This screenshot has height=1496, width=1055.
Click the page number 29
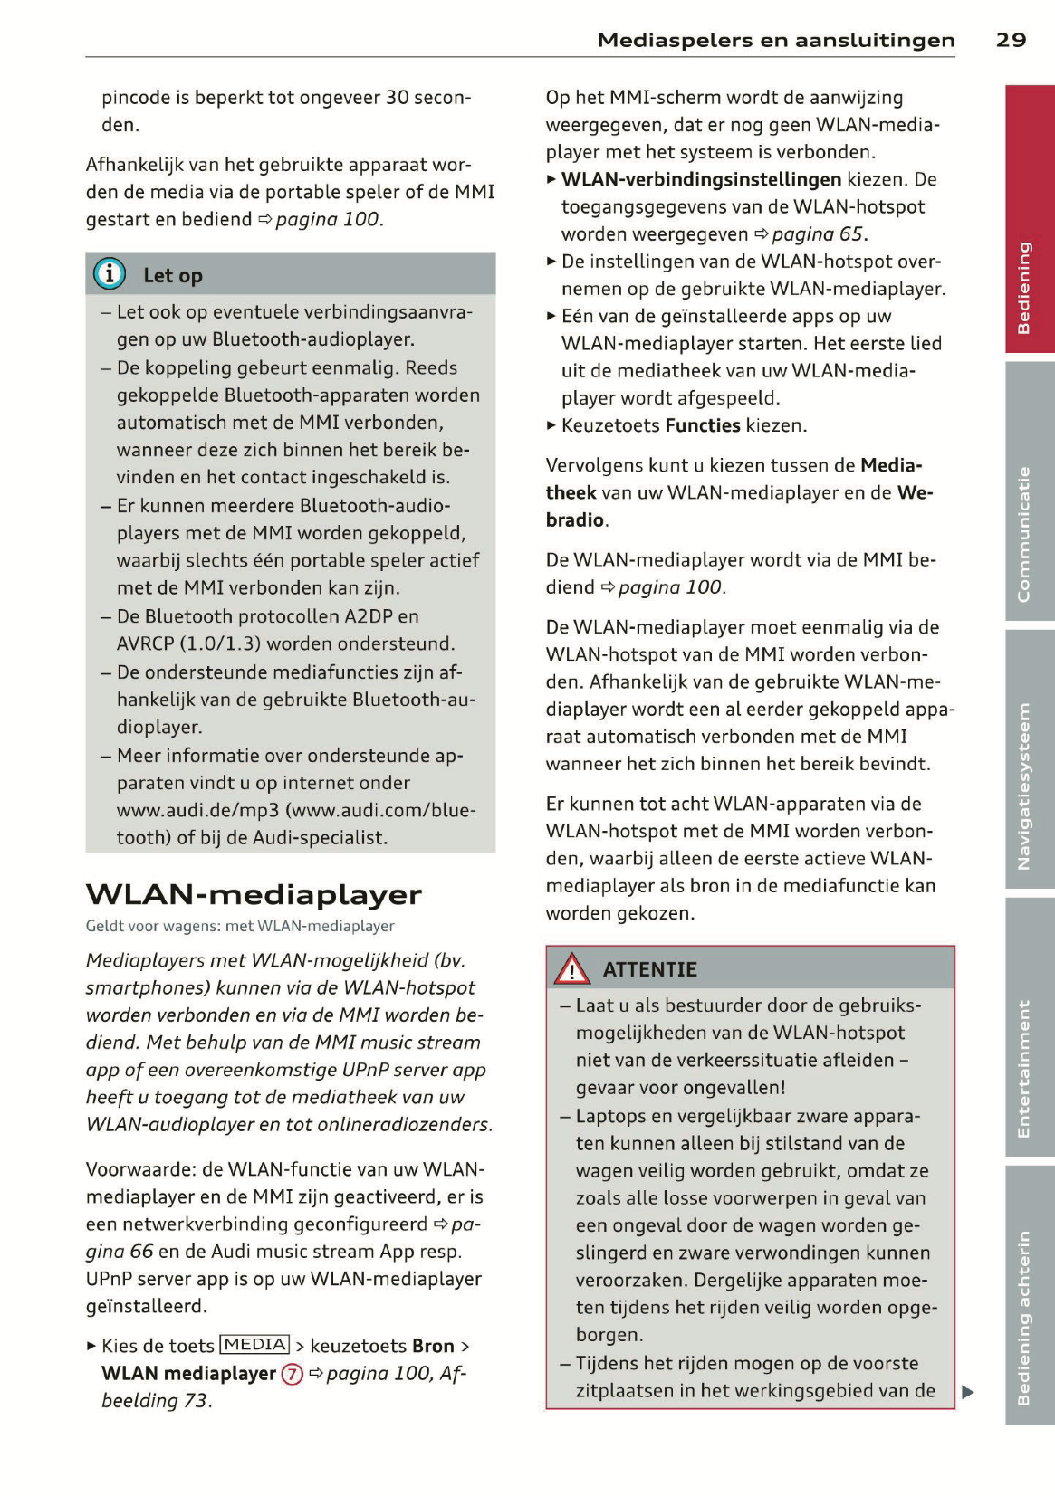pos(1011,40)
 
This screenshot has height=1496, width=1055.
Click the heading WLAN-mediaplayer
pos(254,894)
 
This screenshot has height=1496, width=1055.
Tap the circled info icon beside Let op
pos(110,273)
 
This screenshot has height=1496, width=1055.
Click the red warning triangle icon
pos(572,969)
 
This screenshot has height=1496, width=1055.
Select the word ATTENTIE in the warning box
pos(650,969)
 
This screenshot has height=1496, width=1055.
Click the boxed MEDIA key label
pos(254,1345)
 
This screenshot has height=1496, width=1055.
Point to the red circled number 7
pos(292,1374)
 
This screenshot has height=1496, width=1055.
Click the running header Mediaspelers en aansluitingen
pos(776,40)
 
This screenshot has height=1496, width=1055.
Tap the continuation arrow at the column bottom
pos(968,1392)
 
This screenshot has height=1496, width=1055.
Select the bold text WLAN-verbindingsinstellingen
pos(701,179)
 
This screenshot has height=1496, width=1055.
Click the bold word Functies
pos(702,425)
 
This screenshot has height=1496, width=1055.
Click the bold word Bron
pos(433,1346)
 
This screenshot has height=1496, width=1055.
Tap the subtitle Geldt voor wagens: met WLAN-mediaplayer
pos(240,926)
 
